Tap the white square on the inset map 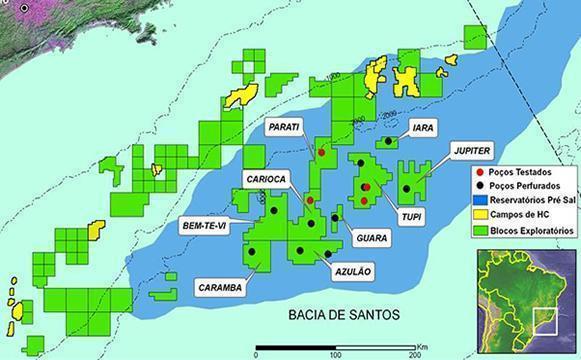click(x=546, y=322)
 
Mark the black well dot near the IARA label click(x=387, y=142)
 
